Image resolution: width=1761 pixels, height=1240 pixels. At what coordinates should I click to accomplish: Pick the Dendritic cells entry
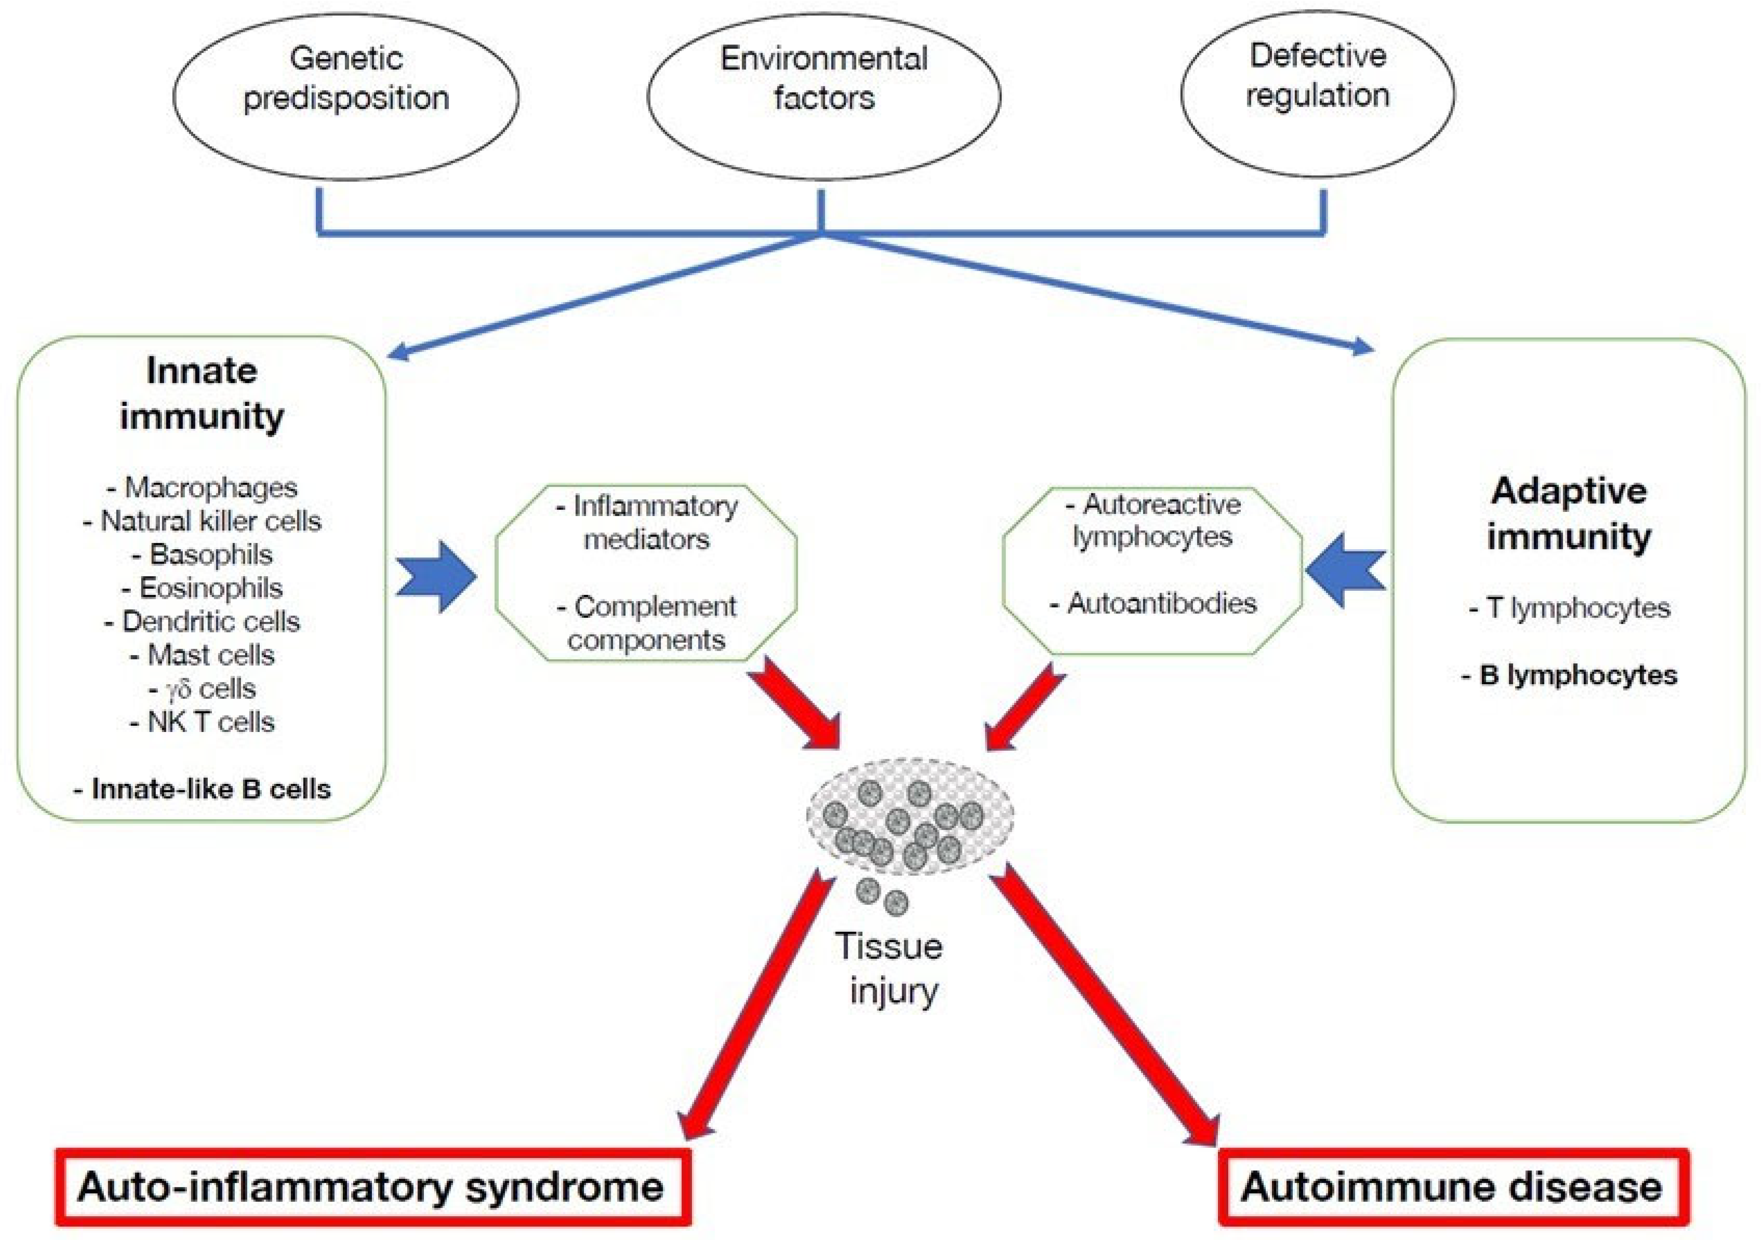click(x=202, y=621)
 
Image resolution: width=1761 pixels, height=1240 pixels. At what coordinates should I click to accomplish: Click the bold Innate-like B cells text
click(x=202, y=789)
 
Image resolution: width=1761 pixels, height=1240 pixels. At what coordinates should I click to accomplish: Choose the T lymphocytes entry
click(x=1569, y=608)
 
